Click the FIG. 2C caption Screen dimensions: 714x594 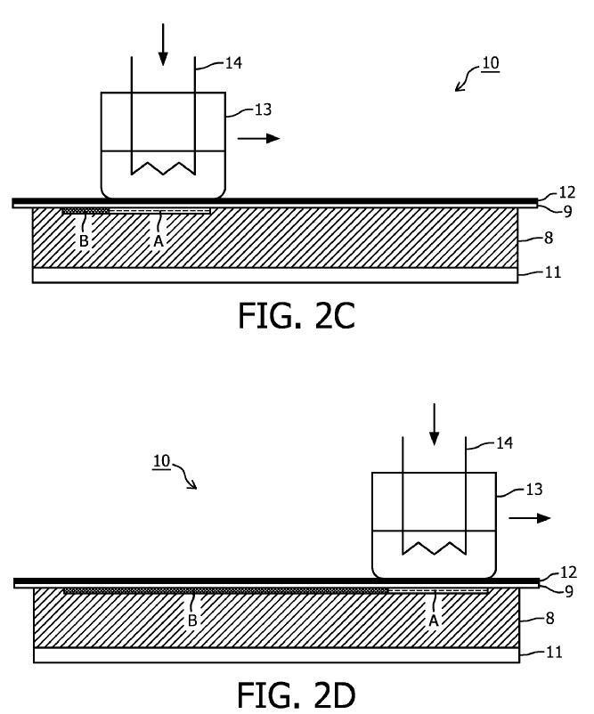(x=297, y=314)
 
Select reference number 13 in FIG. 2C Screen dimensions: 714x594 (x=262, y=110)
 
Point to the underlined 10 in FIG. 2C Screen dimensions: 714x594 (x=490, y=63)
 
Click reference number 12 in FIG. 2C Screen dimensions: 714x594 (x=566, y=192)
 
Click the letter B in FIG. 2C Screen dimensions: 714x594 (x=84, y=240)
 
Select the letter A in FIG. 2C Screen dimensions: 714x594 (x=159, y=240)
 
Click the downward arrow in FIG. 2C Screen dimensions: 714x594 (x=162, y=45)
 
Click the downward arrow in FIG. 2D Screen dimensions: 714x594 (x=434, y=424)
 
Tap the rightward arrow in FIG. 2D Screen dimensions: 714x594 (x=531, y=518)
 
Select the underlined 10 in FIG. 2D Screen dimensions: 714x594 (x=161, y=461)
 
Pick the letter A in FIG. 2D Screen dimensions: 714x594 (x=435, y=621)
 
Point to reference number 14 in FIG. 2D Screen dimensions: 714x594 (x=504, y=442)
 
